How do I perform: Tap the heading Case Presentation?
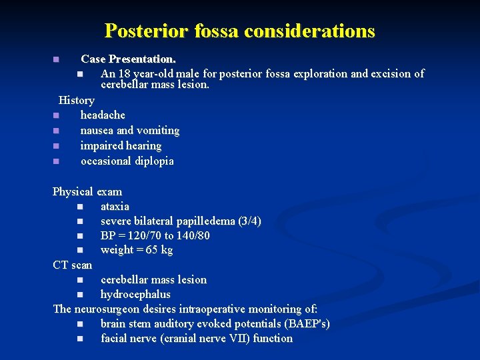pyautogui.click(x=129, y=59)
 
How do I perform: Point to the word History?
pyautogui.click(x=77, y=100)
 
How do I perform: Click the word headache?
pyautogui.click(x=103, y=115)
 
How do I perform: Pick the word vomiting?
pyautogui.click(x=158, y=131)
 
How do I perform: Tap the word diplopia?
pyautogui.click(x=153, y=161)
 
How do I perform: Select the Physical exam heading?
pyautogui.click(x=87, y=192)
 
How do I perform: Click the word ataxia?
pyautogui.click(x=115, y=207)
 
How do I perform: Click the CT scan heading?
pyautogui.click(x=73, y=265)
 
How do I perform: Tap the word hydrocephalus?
pyautogui.click(x=135, y=295)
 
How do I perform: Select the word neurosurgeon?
pyautogui.click(x=106, y=309)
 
